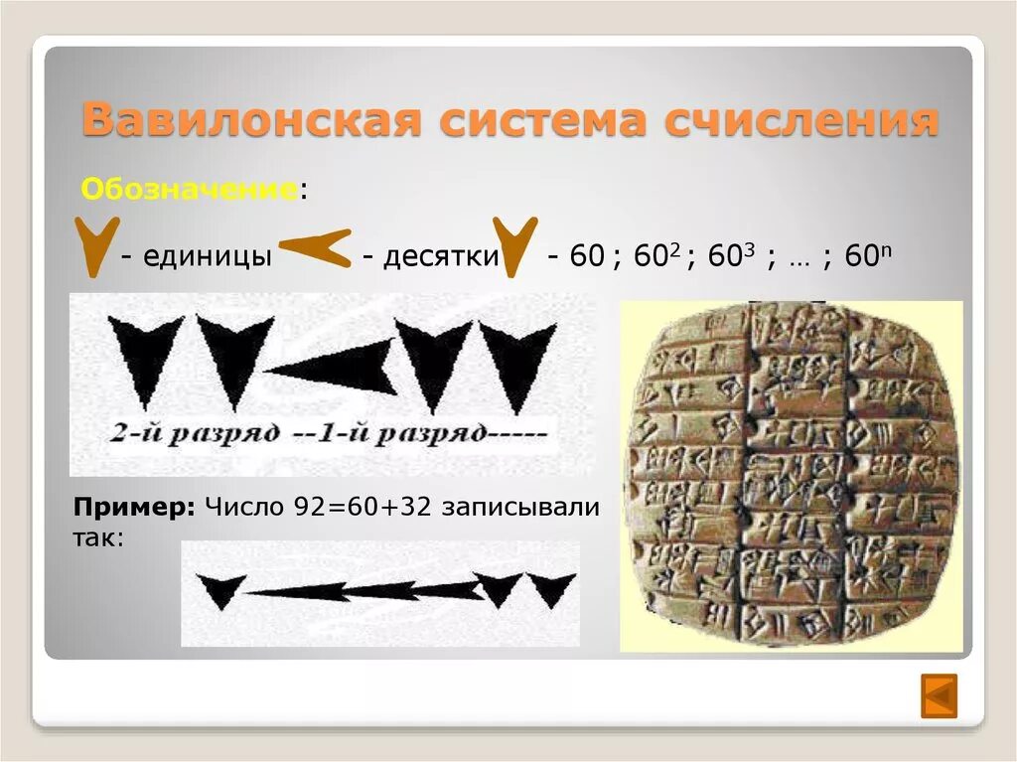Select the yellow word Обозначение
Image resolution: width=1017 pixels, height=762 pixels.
tap(189, 189)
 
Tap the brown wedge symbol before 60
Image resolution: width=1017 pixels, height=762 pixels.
tap(514, 246)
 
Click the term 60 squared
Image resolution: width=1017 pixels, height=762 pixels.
tap(654, 256)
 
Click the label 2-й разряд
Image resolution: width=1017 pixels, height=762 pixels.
tap(178, 434)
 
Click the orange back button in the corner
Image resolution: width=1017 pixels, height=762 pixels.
tap(939, 695)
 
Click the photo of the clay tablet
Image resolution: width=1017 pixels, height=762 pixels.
tap(792, 477)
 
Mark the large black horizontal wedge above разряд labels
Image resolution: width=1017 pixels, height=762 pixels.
tap(333, 370)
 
